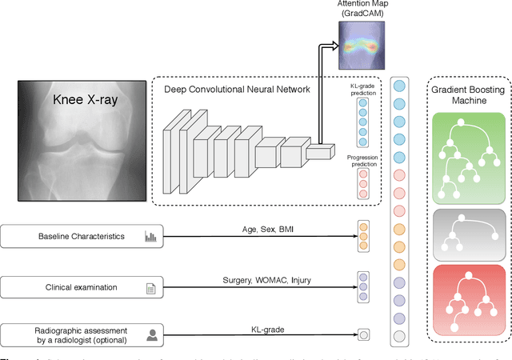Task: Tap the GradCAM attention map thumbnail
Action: tap(361, 45)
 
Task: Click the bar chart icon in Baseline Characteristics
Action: tap(150, 237)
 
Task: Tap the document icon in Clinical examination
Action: tap(150, 287)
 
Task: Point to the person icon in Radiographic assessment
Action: tap(150, 334)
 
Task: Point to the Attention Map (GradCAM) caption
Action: tap(361, 10)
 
